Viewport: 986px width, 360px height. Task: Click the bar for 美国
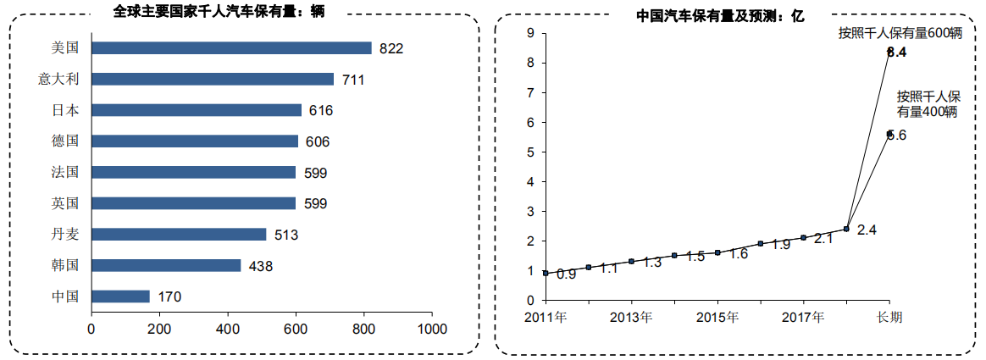(x=231, y=48)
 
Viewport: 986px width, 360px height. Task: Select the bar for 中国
(x=120, y=296)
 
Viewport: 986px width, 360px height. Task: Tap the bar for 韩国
(x=166, y=265)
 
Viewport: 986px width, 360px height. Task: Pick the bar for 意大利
(x=213, y=79)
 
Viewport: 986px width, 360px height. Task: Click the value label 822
(x=391, y=49)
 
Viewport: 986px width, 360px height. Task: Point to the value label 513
(x=285, y=235)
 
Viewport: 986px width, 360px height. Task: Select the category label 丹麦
(x=64, y=235)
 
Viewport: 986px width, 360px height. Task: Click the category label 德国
(x=64, y=141)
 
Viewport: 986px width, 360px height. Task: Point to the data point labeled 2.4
(x=846, y=229)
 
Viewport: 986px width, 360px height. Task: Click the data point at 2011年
(x=546, y=274)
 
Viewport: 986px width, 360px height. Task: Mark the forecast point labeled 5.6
(x=889, y=133)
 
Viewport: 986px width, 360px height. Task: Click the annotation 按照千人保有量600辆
(x=900, y=34)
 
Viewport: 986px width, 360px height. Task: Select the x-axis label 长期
(x=889, y=317)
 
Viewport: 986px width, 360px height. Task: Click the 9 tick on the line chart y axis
(x=530, y=33)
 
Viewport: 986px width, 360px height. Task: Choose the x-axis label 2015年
(x=717, y=317)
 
